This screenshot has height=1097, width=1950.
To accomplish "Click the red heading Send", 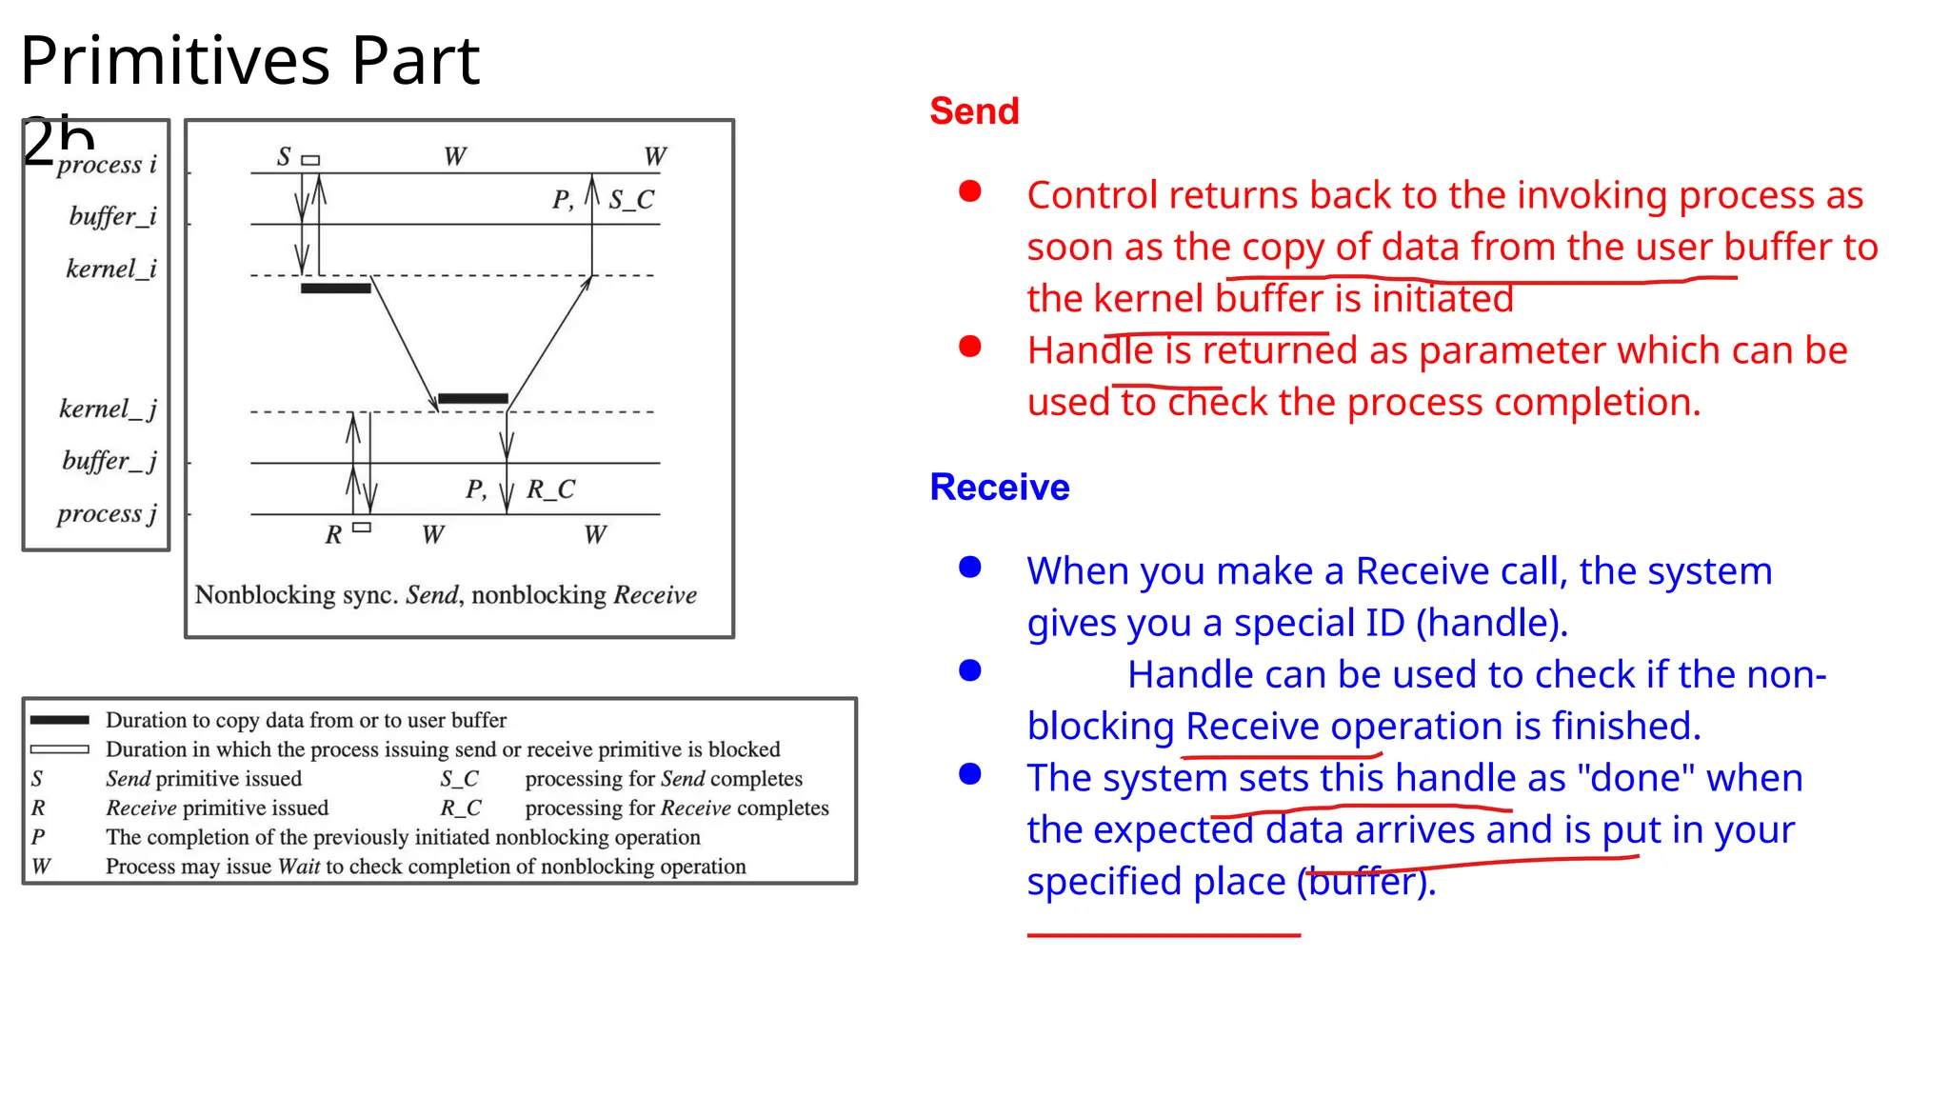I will click(974, 111).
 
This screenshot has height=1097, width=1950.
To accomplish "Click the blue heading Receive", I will click(999, 487).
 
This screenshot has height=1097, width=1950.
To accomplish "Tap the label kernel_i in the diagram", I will click(110, 269).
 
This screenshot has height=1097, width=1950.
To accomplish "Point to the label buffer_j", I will click(109, 461).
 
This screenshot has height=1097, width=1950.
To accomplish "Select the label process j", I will click(107, 514).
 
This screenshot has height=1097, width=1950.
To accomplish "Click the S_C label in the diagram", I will click(631, 199).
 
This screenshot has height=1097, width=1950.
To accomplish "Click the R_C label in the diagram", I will click(550, 489).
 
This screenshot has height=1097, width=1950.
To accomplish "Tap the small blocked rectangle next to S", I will click(310, 160).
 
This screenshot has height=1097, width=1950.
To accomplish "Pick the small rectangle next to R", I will click(362, 527).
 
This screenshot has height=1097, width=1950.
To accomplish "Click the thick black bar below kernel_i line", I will click(335, 289).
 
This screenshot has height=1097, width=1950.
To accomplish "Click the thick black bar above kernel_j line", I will click(472, 399).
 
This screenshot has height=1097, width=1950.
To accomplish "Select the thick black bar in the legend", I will click(59, 720).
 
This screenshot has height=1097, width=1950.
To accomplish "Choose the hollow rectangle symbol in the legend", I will click(59, 749).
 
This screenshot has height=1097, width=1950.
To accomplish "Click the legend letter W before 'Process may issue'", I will click(41, 867).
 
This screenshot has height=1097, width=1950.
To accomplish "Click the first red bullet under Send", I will click(969, 192).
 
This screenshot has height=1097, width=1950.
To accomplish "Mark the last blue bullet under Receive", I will click(969, 774).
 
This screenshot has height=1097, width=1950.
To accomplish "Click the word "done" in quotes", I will click(1635, 778).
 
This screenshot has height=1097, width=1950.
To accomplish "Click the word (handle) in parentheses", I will click(1491, 623).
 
